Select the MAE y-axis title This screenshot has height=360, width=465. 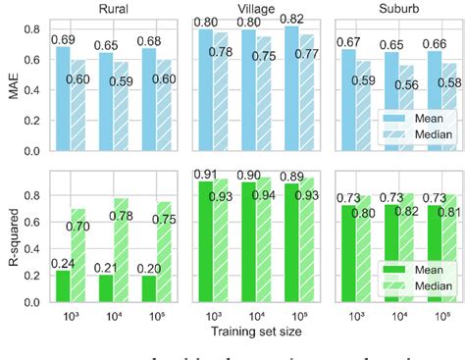[x=12, y=87]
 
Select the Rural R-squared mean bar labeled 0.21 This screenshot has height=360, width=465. [x=105, y=291]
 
